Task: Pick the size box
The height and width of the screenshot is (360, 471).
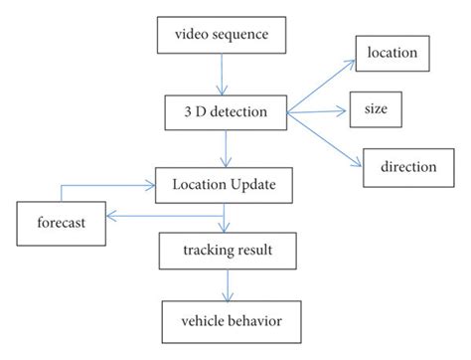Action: [375, 109]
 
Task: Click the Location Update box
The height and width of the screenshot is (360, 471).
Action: [230, 184]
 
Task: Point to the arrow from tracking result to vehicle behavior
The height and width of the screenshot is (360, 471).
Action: [230, 286]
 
